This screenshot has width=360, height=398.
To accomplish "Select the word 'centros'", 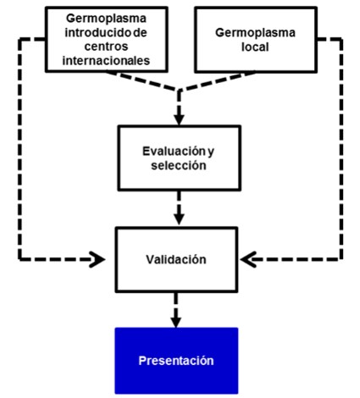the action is (x=106, y=47).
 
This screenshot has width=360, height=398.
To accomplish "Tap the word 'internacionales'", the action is (x=106, y=60).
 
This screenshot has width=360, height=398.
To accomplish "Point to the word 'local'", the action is (x=255, y=47).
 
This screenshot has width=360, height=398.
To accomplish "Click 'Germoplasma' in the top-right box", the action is (x=255, y=33).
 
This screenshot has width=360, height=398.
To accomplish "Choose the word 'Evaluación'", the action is (x=174, y=152).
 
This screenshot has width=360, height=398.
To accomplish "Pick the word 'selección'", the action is (x=179, y=165).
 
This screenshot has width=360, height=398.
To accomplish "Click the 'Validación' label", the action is (x=176, y=259).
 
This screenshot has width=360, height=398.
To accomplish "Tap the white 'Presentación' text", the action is (x=176, y=361).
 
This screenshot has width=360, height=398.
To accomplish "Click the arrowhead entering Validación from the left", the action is (x=97, y=259).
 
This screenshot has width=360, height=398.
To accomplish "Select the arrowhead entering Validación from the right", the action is (x=248, y=259).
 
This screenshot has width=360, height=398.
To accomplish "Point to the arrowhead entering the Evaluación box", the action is (x=179, y=119).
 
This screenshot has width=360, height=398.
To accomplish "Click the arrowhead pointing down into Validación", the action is (x=179, y=219).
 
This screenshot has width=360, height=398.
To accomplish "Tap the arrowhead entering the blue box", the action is (x=176, y=322).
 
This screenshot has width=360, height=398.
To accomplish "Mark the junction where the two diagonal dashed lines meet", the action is (x=179, y=91).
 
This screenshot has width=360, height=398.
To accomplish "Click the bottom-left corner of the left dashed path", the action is (x=19, y=259).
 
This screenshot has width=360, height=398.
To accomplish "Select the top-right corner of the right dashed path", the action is (x=341, y=39).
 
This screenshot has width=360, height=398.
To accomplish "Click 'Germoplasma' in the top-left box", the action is (x=106, y=19).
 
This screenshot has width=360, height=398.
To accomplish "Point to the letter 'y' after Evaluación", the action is (x=211, y=152).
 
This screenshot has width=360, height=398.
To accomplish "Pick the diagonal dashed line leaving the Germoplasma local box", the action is (x=217, y=82).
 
